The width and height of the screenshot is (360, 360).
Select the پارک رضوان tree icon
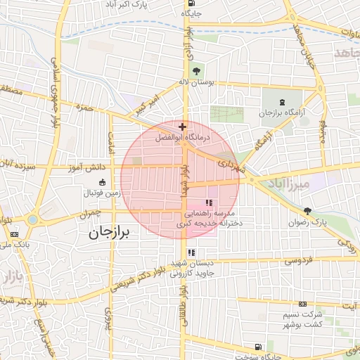click(x=307, y=211)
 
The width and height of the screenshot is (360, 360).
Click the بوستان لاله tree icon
click(x=196, y=70)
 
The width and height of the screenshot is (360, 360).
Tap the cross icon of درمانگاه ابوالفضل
click(x=182, y=127)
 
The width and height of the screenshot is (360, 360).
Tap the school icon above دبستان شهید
click(x=191, y=252)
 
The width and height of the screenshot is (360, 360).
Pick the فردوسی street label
click(x=299, y=261)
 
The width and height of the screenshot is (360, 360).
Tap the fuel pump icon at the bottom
click(x=259, y=346)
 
